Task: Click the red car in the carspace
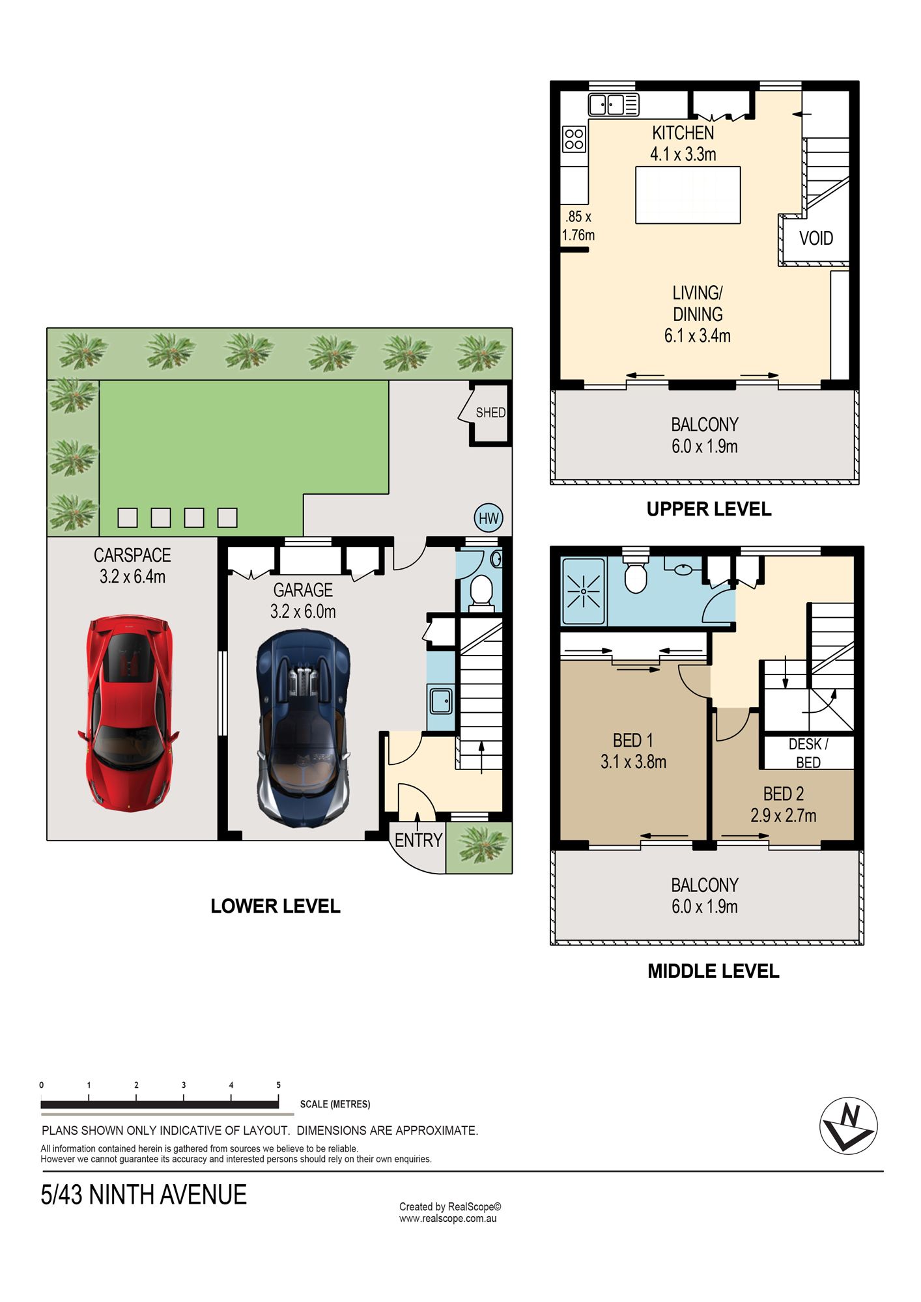(x=128, y=713)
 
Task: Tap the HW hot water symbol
(x=489, y=518)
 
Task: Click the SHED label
(x=490, y=413)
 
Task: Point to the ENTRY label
(x=419, y=840)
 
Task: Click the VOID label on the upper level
(x=816, y=238)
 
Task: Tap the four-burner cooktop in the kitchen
(x=574, y=139)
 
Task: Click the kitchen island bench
(x=688, y=195)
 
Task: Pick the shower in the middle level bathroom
(x=584, y=591)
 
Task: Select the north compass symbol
(x=848, y=1126)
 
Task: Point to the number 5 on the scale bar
(x=279, y=1085)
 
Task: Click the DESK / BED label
(x=808, y=753)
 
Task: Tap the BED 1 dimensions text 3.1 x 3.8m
(x=633, y=762)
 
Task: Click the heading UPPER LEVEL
(x=709, y=509)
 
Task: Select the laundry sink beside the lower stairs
(x=441, y=700)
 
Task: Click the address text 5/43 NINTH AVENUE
(x=144, y=1195)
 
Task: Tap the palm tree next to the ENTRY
(x=480, y=847)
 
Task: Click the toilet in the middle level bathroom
(x=635, y=573)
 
